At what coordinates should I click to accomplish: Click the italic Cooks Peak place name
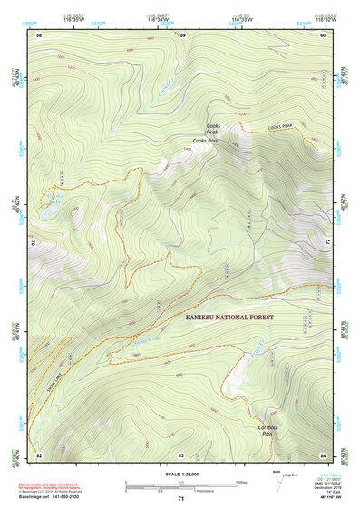[x=213, y=129]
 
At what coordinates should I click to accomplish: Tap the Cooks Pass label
[x=206, y=142]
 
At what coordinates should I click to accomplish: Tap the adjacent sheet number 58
[x=39, y=34]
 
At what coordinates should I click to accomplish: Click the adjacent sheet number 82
[x=39, y=454]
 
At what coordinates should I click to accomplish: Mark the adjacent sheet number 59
[x=182, y=34]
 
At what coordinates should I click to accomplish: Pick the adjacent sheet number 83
[x=180, y=454]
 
